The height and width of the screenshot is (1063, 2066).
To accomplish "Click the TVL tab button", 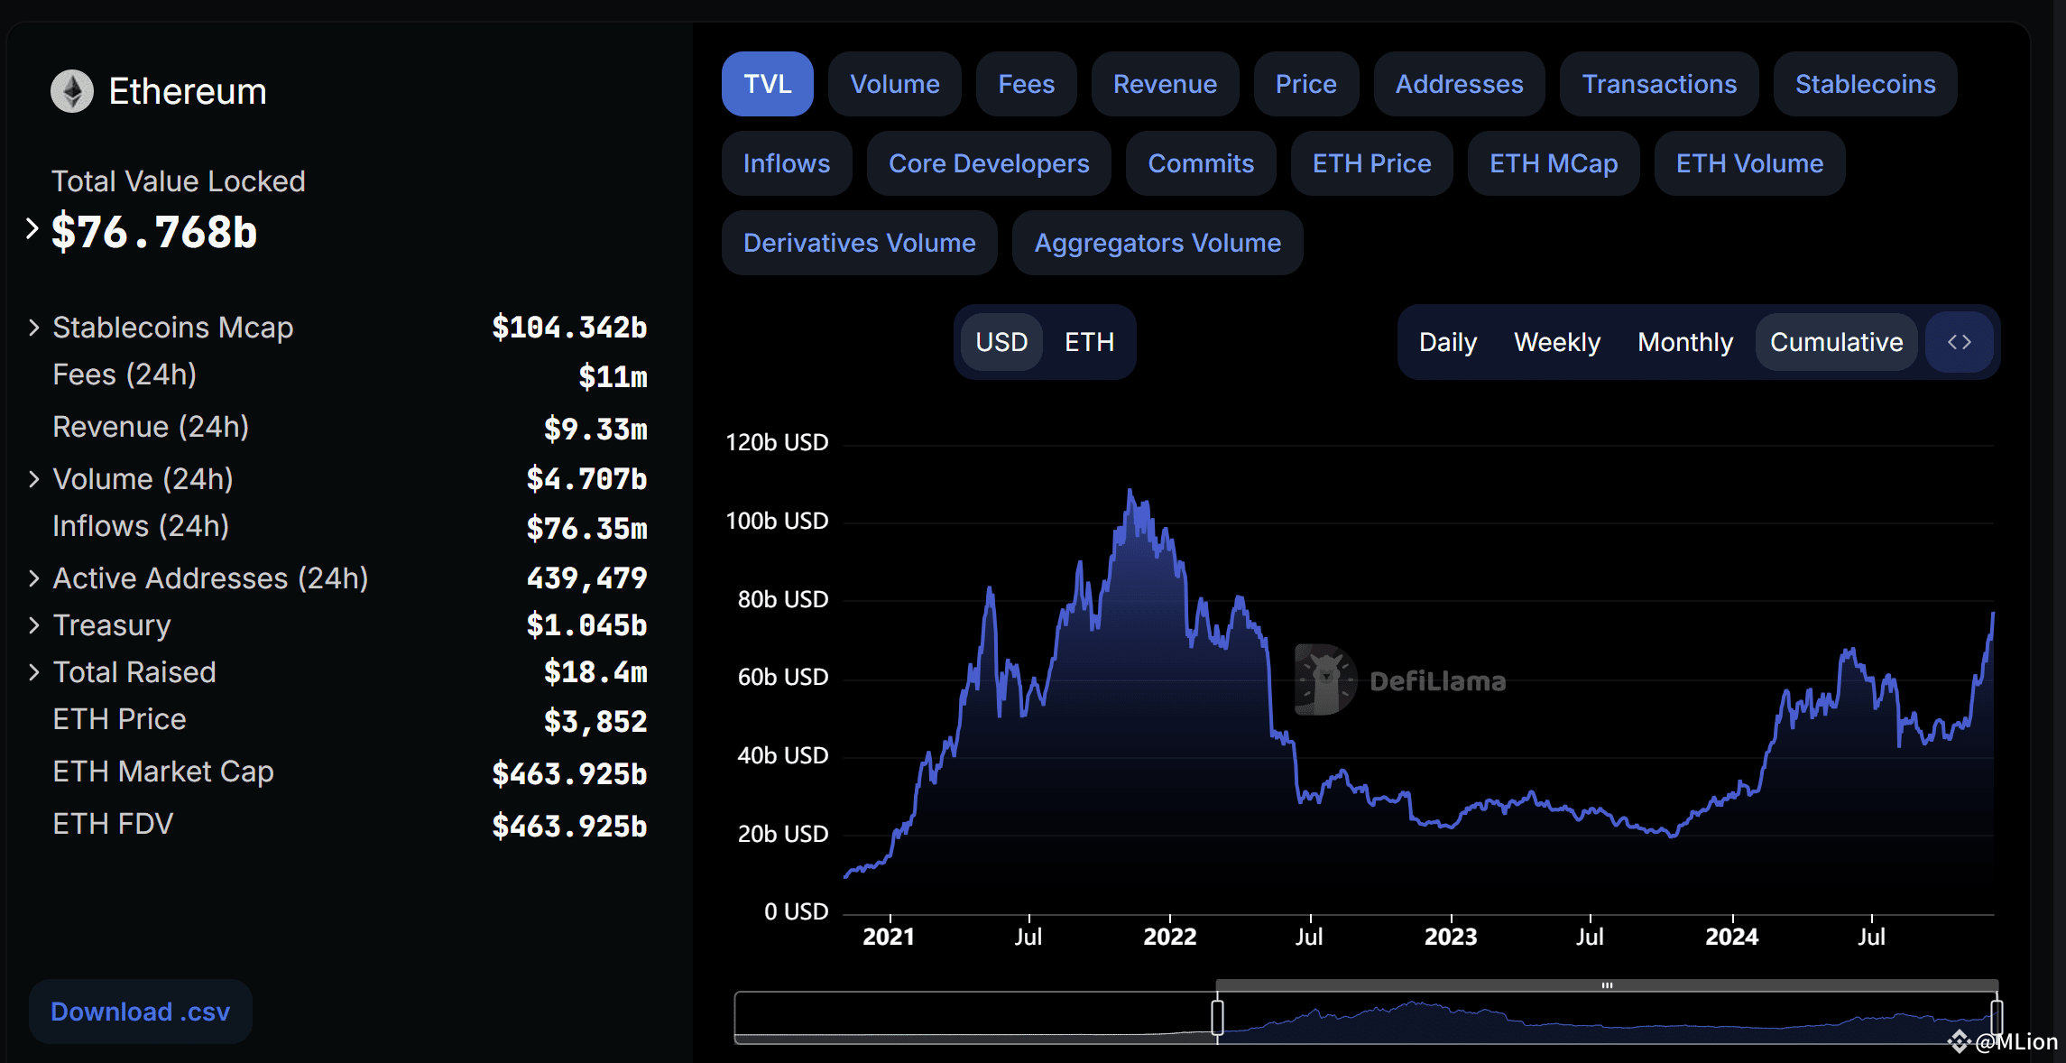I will pyautogui.click(x=767, y=84).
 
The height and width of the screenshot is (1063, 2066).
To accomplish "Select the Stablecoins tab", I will pyautogui.click(x=1865, y=84).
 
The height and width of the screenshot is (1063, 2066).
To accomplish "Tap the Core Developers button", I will pyautogui.click(x=989, y=163).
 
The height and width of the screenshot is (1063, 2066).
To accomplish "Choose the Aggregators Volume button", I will pyautogui.click(x=1158, y=243).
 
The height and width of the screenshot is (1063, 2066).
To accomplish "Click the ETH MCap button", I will pyautogui.click(x=1554, y=163).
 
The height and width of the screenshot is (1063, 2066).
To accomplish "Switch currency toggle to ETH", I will pyautogui.click(x=1089, y=342).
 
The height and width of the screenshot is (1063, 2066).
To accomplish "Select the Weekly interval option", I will pyautogui.click(x=1557, y=342).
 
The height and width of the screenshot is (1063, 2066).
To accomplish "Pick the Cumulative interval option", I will pyautogui.click(x=1836, y=342).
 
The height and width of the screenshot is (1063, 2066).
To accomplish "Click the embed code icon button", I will pyautogui.click(x=1960, y=342).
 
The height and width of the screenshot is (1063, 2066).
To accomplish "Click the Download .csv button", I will pyautogui.click(x=141, y=1012).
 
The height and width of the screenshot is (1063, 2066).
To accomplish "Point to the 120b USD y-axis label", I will pyautogui.click(x=777, y=442).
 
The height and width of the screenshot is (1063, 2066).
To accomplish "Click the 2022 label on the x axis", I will pyautogui.click(x=1170, y=937).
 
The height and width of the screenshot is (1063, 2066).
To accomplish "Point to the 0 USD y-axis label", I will pyautogui.click(x=796, y=911).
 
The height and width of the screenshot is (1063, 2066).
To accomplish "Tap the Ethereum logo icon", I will pyautogui.click(x=72, y=91).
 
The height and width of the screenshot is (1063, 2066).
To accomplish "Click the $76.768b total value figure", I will pyautogui.click(x=154, y=232).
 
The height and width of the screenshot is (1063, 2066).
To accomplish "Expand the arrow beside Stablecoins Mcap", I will pyautogui.click(x=34, y=328).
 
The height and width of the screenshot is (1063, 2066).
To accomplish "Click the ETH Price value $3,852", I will pyautogui.click(x=595, y=721).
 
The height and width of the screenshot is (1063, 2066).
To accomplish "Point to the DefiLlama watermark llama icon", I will pyautogui.click(x=1325, y=679).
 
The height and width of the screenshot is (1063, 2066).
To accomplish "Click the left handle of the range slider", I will pyautogui.click(x=1217, y=1017).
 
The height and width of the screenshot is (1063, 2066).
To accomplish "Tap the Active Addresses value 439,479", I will pyautogui.click(x=587, y=578).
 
